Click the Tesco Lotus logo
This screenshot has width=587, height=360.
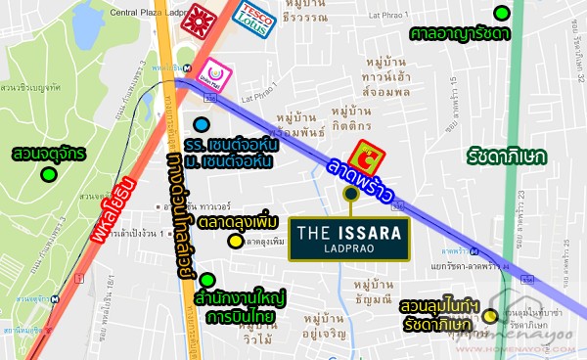point(255,18)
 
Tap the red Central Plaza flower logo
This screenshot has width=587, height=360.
point(202,18)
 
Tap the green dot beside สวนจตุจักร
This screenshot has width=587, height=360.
point(47,175)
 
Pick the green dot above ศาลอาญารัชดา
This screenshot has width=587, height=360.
point(502,13)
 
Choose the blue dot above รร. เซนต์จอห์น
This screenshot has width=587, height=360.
point(201,124)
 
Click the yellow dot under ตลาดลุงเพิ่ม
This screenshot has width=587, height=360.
point(235,242)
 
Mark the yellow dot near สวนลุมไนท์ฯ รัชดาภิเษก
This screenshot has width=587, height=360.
point(488,316)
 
